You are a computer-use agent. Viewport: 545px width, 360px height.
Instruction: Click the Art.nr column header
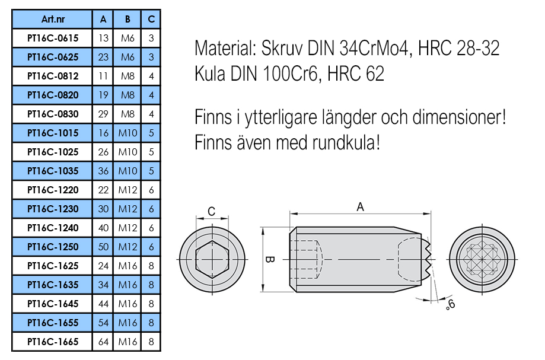tap(53, 20)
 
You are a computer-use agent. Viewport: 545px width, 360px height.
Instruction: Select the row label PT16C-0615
tap(53, 39)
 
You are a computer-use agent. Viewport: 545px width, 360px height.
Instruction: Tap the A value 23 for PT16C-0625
tap(103, 58)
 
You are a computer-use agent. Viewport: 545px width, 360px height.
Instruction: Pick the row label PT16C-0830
tap(53, 114)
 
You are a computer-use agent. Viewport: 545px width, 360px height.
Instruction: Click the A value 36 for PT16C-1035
tap(103, 171)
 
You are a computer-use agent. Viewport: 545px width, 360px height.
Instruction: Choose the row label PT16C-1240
tap(53, 228)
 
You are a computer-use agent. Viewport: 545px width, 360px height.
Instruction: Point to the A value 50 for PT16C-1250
tap(103, 247)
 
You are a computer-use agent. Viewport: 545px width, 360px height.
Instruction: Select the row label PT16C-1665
tap(53, 342)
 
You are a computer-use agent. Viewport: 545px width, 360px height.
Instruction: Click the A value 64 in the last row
tap(103, 342)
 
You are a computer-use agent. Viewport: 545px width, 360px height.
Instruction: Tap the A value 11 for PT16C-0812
tap(103, 77)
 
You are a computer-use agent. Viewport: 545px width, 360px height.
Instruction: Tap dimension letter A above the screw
tap(359, 207)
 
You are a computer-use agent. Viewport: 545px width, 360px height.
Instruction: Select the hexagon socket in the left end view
tap(212, 259)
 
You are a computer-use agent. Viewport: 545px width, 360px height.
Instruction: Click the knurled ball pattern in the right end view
tap(481, 259)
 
